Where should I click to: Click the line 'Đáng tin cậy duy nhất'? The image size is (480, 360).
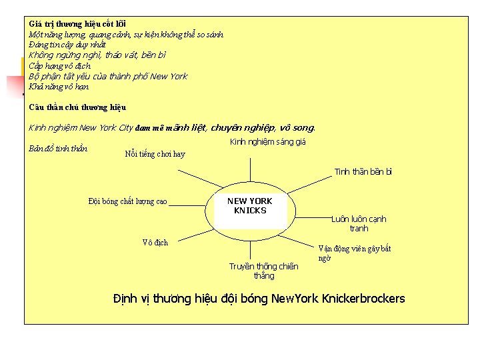tap(67, 44)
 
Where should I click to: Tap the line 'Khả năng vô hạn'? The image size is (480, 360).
tap(59, 87)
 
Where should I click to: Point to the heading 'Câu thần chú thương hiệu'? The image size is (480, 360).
tap(77, 107)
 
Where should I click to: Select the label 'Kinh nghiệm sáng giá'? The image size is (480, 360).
tap(267, 142)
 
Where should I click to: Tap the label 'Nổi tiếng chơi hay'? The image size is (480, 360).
tap(155, 155)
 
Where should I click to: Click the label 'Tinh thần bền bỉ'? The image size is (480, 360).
tap(363, 172)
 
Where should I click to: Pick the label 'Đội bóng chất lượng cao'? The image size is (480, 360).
tap(127, 201)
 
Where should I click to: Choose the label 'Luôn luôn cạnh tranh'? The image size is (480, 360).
tap(359, 223)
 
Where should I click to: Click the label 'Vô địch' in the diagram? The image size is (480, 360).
tap(155, 242)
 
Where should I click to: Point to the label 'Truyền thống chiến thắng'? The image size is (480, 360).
tap(263, 271)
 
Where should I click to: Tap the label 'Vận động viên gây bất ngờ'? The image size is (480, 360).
tap(354, 253)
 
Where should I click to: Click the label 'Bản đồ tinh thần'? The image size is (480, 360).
tap(58, 148)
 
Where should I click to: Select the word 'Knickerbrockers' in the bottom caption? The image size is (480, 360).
tap(363, 299)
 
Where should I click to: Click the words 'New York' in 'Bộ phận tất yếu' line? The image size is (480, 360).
tap(169, 76)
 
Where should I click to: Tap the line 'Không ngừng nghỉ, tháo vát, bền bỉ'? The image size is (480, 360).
tap(97, 55)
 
